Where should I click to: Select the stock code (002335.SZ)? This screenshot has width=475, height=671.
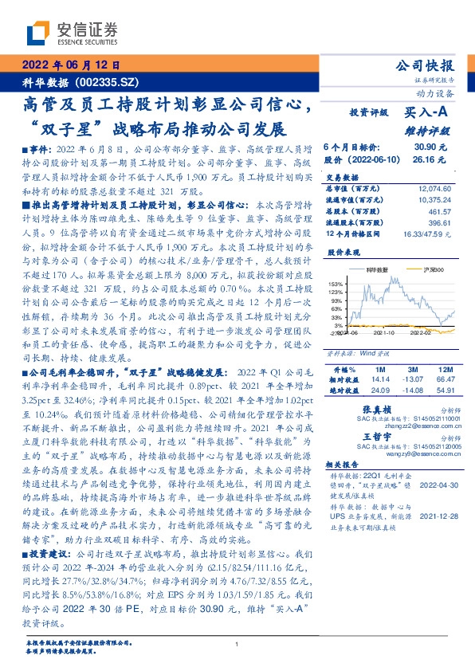click(108, 82)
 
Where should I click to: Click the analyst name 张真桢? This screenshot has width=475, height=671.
click(375, 408)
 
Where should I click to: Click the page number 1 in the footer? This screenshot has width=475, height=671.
click(237, 645)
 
